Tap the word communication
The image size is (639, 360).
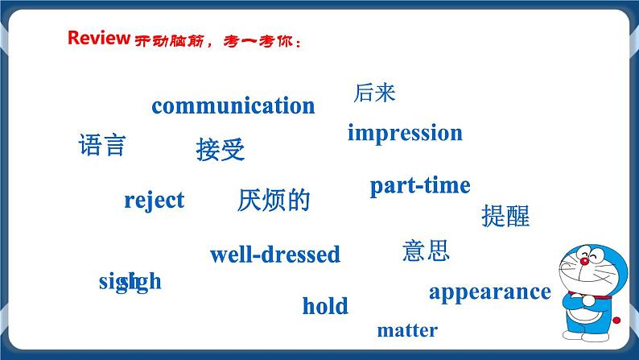(233, 106)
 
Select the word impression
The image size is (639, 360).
(405, 133)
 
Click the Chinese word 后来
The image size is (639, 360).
(374, 93)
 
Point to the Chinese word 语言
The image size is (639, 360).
(102, 145)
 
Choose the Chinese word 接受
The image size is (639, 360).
(220, 150)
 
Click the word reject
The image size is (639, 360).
(154, 200)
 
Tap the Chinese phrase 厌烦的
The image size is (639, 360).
(274, 201)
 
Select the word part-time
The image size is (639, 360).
(419, 185)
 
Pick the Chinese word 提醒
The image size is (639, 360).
(505, 216)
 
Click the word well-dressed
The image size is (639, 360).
(274, 255)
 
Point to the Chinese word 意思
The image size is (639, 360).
(425, 250)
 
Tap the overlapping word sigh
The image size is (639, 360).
(130, 282)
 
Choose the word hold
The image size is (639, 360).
(325, 306)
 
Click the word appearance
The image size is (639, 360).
(489, 292)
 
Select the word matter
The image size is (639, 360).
(407, 330)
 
